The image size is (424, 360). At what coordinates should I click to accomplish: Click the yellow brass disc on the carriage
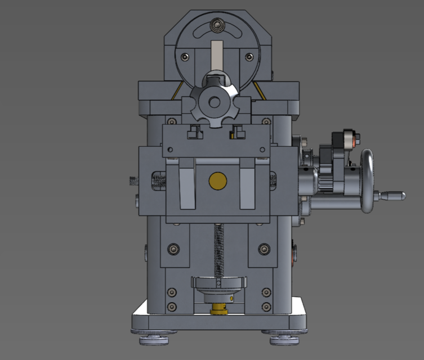(217, 180)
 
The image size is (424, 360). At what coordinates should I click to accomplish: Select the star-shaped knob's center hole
(215, 102)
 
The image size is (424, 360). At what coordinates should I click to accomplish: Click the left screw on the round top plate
(184, 56)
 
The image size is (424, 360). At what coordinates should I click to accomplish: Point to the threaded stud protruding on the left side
(133, 181)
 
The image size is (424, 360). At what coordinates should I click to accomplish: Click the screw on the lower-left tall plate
(173, 247)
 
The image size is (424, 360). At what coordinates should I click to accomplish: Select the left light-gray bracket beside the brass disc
(186, 186)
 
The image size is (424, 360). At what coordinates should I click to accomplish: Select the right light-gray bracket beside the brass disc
(248, 186)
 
